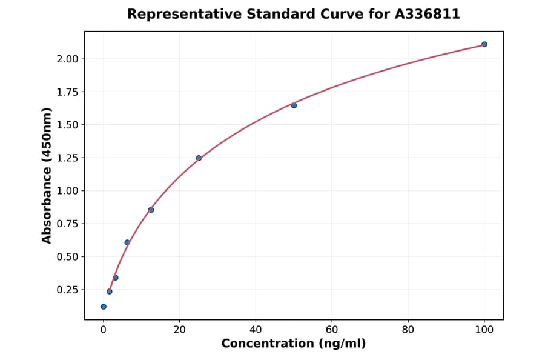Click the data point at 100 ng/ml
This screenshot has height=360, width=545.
click(484, 44)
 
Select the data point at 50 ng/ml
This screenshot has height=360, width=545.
click(294, 105)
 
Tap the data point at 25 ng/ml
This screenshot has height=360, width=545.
click(199, 158)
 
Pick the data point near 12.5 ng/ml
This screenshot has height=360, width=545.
click(151, 210)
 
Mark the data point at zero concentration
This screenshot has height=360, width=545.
click(104, 307)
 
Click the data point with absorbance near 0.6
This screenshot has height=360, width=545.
click(127, 242)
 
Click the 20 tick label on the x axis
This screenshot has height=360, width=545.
click(179, 330)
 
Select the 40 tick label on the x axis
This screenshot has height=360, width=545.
click(256, 330)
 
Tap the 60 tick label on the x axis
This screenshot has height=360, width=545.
click(332, 330)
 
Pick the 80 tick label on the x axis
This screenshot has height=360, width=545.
click(408, 330)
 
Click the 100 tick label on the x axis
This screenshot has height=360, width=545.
click(484, 330)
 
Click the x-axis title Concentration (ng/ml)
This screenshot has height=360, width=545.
click(294, 344)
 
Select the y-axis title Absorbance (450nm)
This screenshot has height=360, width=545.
click(47, 175)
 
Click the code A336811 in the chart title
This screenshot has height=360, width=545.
click(428, 15)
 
